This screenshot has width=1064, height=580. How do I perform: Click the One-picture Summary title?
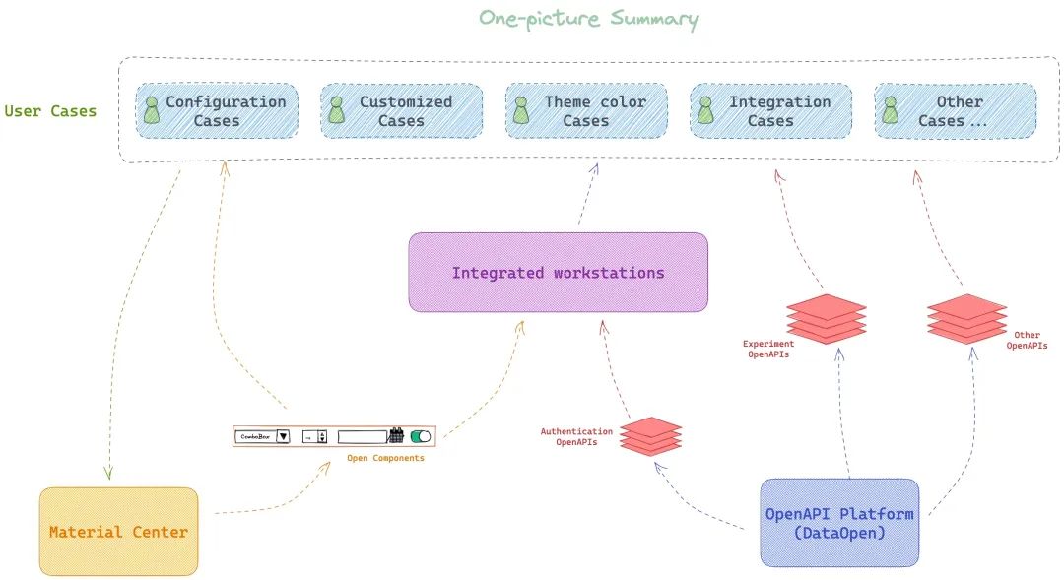[x=588, y=19]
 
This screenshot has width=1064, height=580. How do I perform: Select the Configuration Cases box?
[x=216, y=110]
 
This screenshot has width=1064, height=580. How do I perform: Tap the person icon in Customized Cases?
[x=337, y=109]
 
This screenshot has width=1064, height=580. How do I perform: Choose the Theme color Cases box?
[x=586, y=110]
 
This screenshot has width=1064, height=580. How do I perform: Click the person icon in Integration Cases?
[x=705, y=109]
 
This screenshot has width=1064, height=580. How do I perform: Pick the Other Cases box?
[x=955, y=110]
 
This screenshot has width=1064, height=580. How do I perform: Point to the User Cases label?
[x=50, y=111]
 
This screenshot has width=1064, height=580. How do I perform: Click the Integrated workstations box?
[x=558, y=273]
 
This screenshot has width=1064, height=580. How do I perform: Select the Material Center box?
[x=118, y=532]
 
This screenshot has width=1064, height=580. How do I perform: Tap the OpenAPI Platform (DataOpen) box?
[x=839, y=523]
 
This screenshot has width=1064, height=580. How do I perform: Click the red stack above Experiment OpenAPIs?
[x=827, y=318]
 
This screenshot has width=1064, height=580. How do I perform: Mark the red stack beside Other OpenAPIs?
[x=966, y=318]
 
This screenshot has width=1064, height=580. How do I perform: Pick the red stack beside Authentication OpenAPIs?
[x=650, y=436]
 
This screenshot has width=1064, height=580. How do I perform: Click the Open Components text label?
[x=385, y=458]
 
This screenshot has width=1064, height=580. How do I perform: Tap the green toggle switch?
[x=421, y=435]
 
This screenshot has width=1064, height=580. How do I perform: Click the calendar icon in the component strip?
[x=397, y=435]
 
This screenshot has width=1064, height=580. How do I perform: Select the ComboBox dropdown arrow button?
[x=283, y=436]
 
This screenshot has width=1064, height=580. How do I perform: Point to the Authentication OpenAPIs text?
[x=576, y=437]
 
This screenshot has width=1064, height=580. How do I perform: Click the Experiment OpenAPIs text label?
[x=768, y=350]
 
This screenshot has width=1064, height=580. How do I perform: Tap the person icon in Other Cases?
[x=891, y=109]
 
